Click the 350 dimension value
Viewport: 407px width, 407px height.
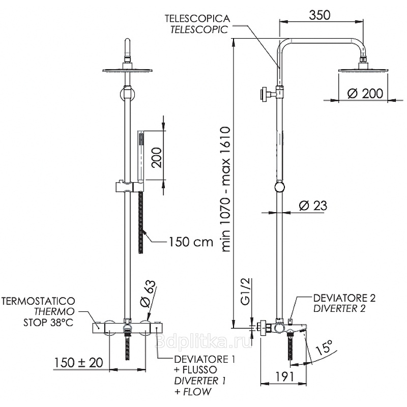(318, 15)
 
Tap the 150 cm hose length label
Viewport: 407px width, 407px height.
(190, 242)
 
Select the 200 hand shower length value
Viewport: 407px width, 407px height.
(156, 158)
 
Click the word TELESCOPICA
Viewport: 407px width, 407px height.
(197, 18)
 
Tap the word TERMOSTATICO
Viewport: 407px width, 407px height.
(39, 301)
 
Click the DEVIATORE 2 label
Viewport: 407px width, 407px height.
(344, 298)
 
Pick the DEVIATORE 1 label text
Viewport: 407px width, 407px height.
(204, 359)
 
